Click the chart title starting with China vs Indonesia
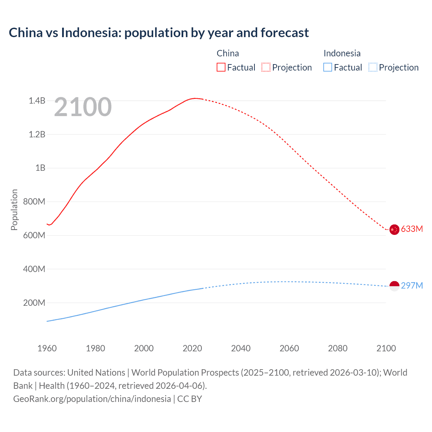[159, 33]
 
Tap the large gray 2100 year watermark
[83, 107]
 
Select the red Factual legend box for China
[221, 67]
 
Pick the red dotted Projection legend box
[266, 67]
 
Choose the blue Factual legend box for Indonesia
[328, 67]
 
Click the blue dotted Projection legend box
[373, 67]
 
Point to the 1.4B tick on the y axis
[37, 101]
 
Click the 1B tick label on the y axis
[40, 168]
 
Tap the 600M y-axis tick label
[34, 236]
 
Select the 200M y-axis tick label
[34, 303]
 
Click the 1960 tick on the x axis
[47, 348]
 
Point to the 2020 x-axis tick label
[192, 348]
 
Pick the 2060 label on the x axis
[289, 348]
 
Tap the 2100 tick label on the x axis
[386, 348]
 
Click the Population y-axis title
[14, 210]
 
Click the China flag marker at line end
[394, 230]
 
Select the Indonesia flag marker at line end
[394, 286]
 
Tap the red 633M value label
[412, 229]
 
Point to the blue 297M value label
[412, 286]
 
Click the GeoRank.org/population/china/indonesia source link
[92, 399]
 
